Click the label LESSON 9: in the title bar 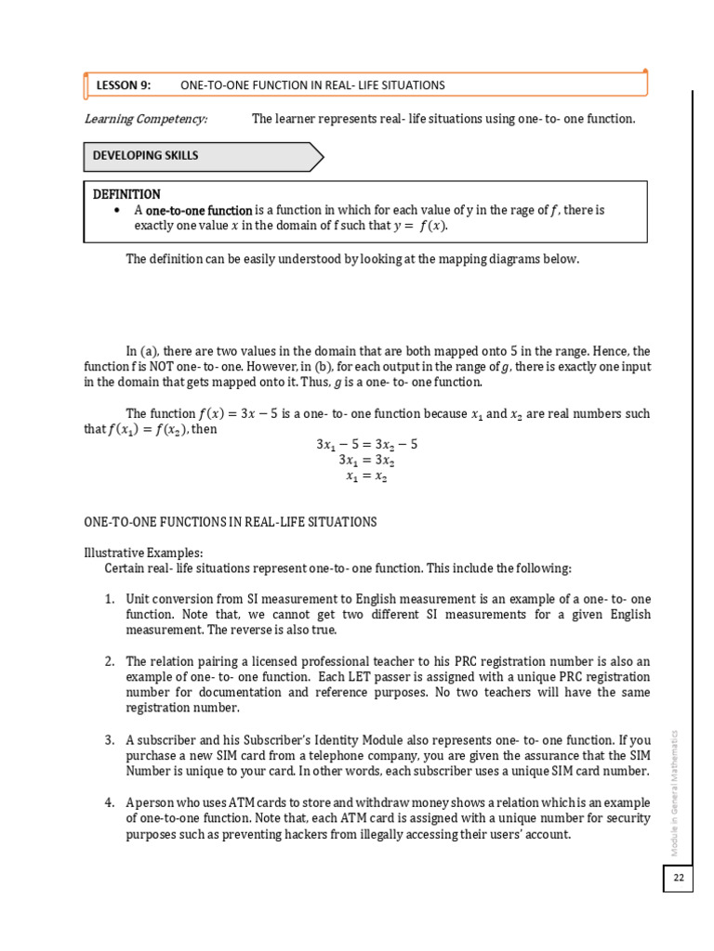pos(123,85)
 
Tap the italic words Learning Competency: pos(146,119)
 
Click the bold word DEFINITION pos(126,194)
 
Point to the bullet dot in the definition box pos(116,211)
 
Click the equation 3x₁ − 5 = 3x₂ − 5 pos(366,444)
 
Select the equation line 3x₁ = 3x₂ pos(366,460)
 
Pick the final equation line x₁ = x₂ pos(366,475)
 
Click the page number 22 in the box pos(678,878)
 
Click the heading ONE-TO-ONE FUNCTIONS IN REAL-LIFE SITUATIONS pos(231,522)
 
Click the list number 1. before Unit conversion pos(110,599)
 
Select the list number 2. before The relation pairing pos(110,661)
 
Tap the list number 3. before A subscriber pos(110,740)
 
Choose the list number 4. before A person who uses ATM pos(110,802)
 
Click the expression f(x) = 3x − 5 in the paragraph pos(249,413)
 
